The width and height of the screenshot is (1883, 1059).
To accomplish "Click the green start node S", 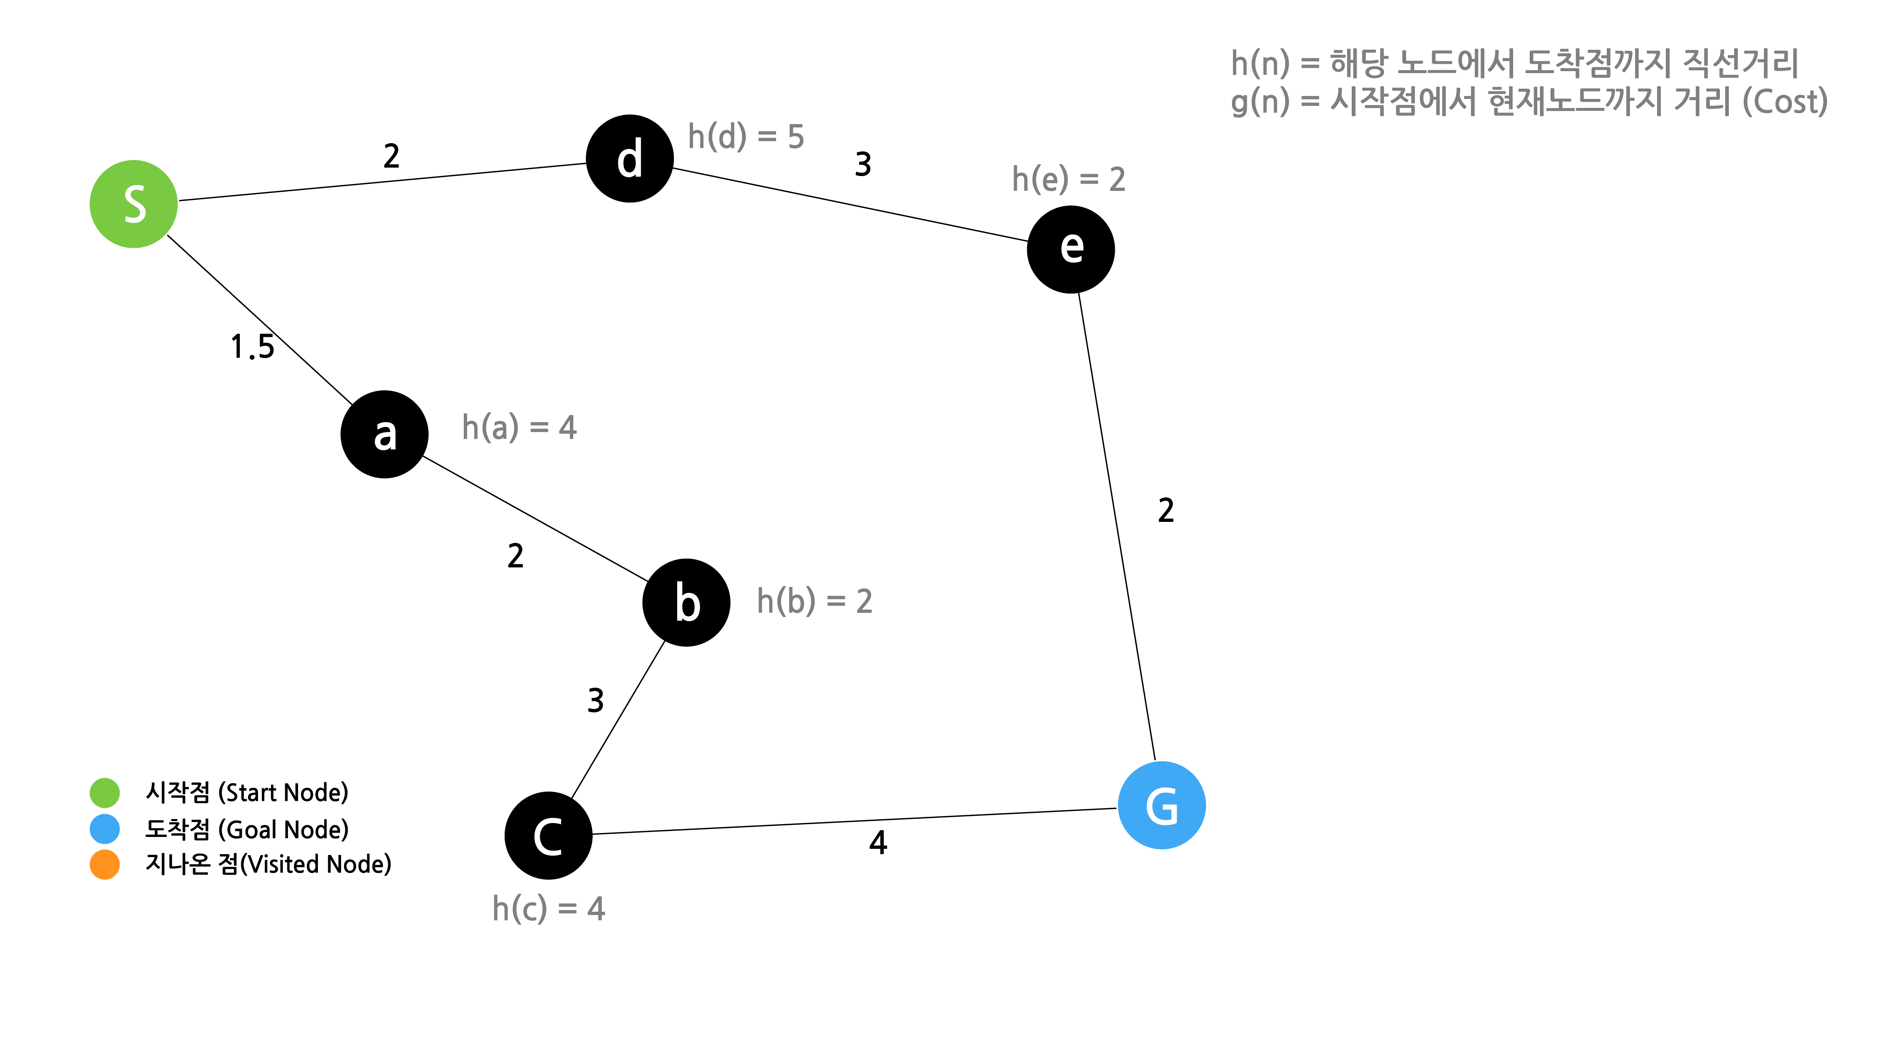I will tap(134, 204).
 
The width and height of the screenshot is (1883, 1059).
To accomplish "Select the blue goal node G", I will tap(1161, 805).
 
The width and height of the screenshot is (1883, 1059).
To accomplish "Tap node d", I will tap(629, 159).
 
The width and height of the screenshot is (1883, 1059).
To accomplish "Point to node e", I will tap(1071, 250).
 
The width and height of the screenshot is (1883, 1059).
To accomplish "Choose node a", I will tap(384, 435).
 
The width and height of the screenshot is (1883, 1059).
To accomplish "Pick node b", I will tap(686, 603).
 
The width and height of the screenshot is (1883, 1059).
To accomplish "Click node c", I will tap(548, 835).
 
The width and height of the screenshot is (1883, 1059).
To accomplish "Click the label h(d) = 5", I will tap(746, 137).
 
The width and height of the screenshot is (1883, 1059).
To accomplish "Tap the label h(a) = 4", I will tap(519, 427).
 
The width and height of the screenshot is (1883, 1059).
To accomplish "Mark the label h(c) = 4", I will tap(548, 908).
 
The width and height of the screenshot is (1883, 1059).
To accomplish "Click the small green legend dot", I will tap(105, 793).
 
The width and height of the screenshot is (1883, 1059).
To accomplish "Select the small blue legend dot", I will tap(105, 829).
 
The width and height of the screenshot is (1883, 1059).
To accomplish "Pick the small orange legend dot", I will tap(105, 864).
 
